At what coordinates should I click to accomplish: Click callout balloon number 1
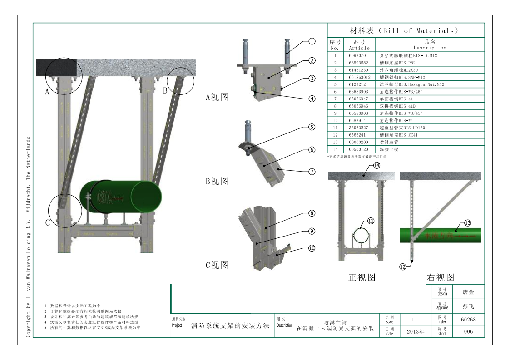click(x=312, y=41)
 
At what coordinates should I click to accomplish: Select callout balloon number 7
click(x=312, y=172)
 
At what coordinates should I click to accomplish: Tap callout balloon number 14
click(x=376, y=166)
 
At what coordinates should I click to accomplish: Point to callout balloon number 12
click(x=402, y=267)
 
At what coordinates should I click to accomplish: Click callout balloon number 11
click(x=371, y=221)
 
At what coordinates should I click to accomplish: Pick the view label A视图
click(x=217, y=97)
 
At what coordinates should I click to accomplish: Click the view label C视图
click(x=217, y=265)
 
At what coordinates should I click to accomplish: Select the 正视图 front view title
click(x=361, y=277)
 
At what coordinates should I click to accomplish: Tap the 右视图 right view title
click(x=441, y=277)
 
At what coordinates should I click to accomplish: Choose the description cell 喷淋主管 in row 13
click(x=389, y=142)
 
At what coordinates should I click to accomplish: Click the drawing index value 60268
click(x=468, y=320)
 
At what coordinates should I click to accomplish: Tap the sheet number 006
click(x=468, y=332)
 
